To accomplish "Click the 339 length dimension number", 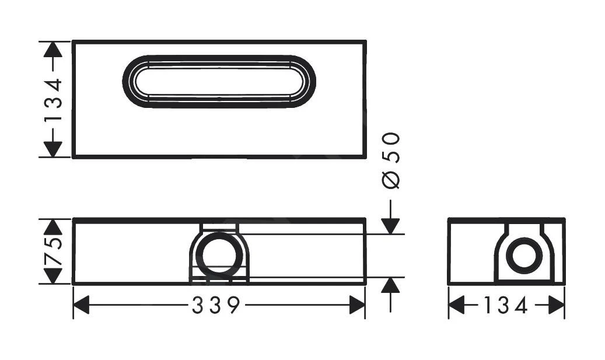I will click(x=215, y=305).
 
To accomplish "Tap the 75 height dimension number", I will click(x=54, y=251).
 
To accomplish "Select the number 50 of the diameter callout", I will click(x=393, y=147).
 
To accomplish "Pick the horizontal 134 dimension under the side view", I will click(x=506, y=305).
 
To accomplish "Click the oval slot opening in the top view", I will click(x=219, y=82).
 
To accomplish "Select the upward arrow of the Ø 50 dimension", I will click(x=391, y=285).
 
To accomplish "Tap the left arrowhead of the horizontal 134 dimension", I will click(x=456, y=305).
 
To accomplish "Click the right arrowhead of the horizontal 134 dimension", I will click(x=557, y=305).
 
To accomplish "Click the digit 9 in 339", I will click(x=233, y=305).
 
